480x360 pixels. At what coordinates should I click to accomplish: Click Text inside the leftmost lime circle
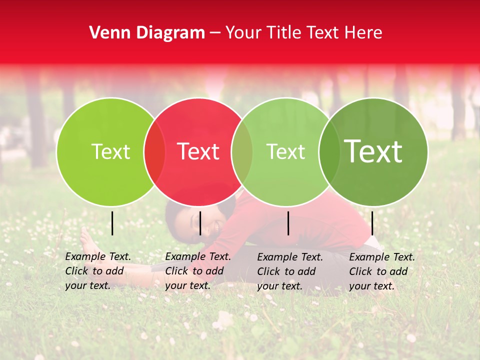(110, 151)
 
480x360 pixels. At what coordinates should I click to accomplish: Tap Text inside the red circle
(198, 151)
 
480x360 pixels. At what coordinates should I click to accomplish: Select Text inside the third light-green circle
(285, 151)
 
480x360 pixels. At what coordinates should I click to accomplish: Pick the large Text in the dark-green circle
(373, 151)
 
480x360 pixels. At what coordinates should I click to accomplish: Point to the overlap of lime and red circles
(154, 152)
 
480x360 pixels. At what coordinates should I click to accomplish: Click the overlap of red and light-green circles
(242, 152)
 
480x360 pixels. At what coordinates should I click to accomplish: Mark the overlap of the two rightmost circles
(329, 152)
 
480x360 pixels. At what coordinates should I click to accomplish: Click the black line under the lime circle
(112, 223)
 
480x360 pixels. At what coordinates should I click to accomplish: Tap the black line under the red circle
(200, 223)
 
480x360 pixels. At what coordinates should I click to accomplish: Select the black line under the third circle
(288, 223)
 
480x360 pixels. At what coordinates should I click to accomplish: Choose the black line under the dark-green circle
(372, 223)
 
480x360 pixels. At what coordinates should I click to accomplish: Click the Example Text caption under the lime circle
(97, 271)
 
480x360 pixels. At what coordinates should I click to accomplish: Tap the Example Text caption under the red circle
(197, 271)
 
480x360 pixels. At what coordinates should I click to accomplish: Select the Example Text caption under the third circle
(289, 271)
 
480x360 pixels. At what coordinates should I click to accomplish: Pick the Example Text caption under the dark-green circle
(381, 271)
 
